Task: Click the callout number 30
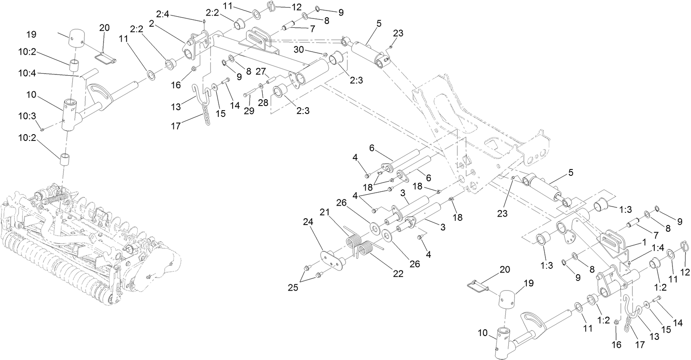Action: coord(298,50)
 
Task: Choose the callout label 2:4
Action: coord(162,15)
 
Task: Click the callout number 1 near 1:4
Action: coord(643,243)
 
